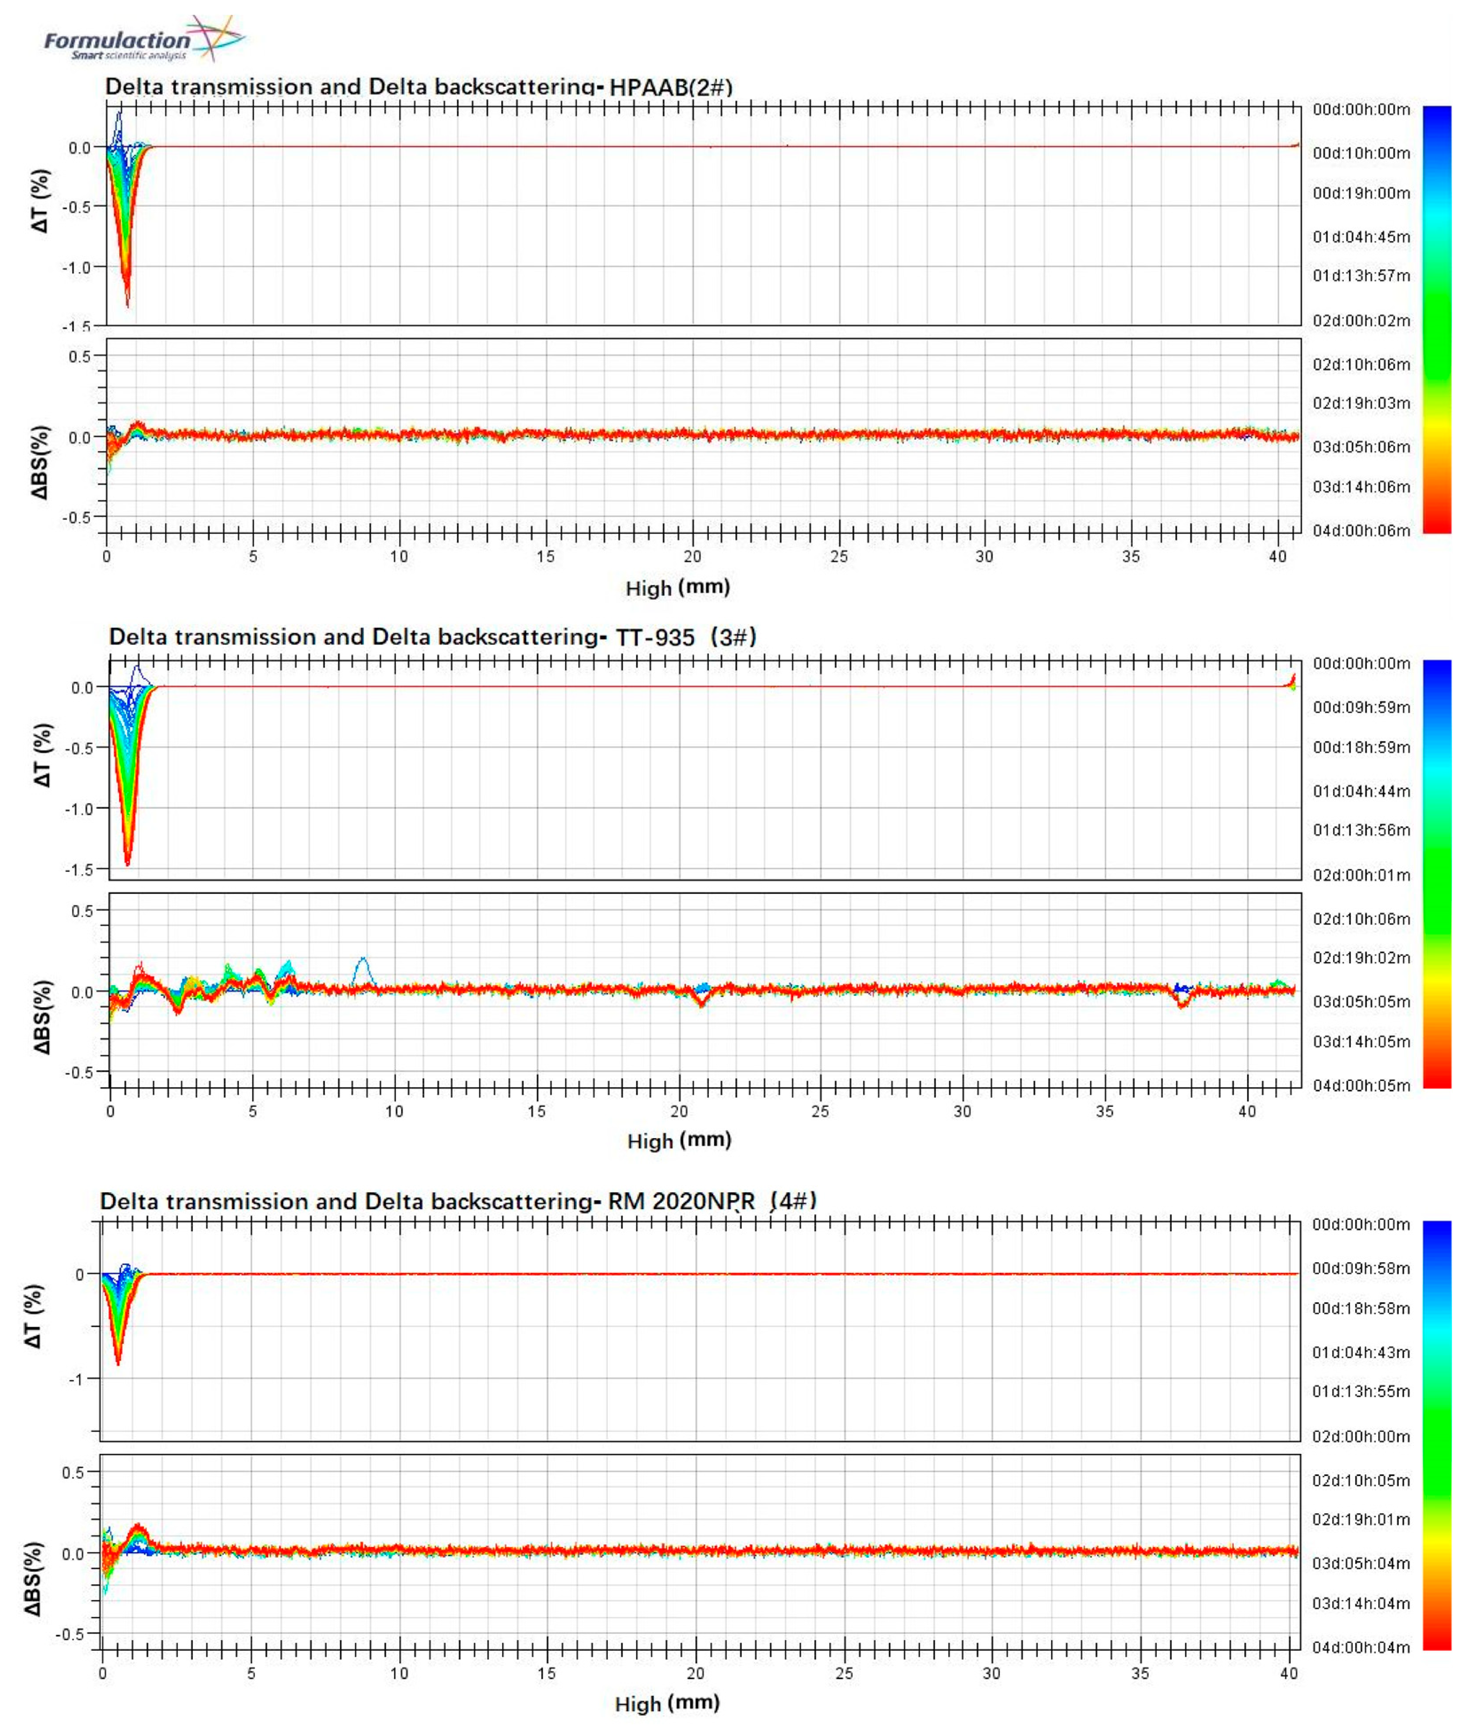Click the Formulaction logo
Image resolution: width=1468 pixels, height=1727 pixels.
[143, 39]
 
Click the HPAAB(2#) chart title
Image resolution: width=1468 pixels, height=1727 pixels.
[419, 86]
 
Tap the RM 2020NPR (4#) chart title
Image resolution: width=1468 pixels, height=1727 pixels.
[458, 1201]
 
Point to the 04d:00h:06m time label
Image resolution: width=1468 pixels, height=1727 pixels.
[1362, 530]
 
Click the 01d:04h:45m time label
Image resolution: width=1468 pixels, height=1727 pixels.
[1362, 237]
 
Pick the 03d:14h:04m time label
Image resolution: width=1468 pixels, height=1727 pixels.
[1362, 1603]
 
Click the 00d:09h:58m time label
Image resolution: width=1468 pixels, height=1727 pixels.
[1362, 1269]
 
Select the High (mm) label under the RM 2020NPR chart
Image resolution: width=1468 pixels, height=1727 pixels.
[666, 1703]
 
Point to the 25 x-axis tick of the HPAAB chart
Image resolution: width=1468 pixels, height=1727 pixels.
[839, 556]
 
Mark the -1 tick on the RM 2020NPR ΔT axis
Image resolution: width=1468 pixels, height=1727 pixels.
[79, 1379]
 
